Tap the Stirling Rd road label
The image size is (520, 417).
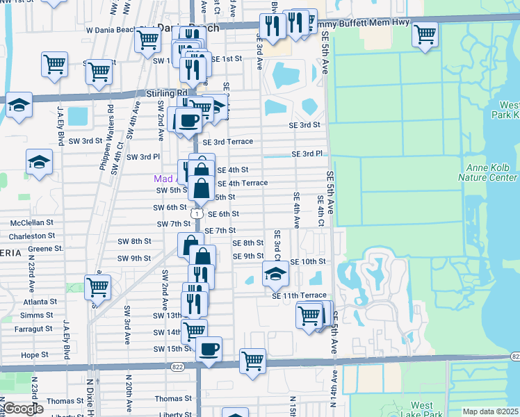(x=163, y=92)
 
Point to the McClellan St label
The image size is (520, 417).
(x=32, y=222)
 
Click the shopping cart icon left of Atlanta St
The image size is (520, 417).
(x=98, y=286)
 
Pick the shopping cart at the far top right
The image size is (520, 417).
(x=425, y=33)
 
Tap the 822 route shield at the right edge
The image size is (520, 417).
(x=514, y=357)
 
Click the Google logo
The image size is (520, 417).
(x=22, y=409)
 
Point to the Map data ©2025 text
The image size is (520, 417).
(x=491, y=411)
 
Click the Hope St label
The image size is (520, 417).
(x=34, y=354)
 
